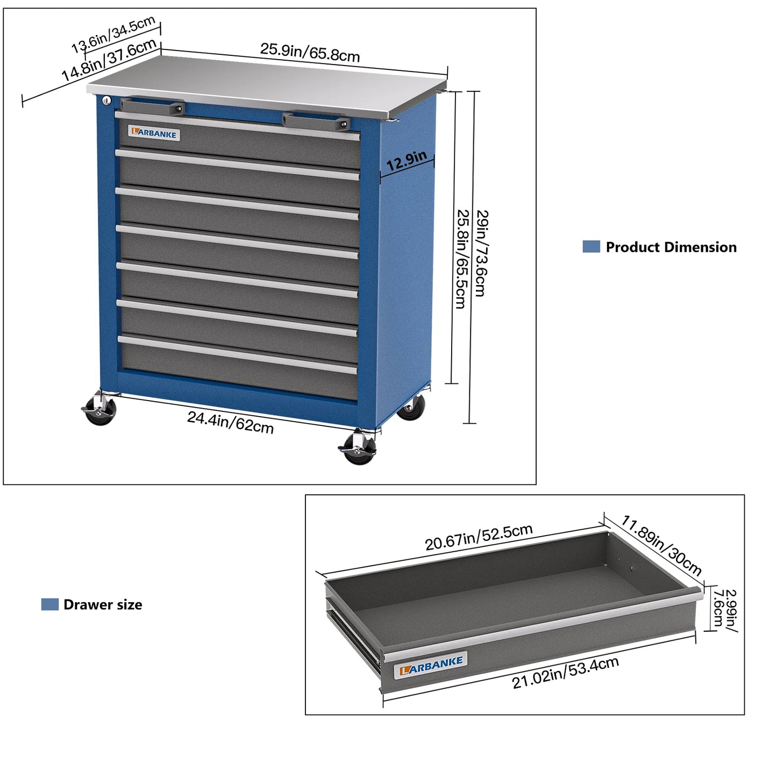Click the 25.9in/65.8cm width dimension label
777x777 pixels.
(310, 52)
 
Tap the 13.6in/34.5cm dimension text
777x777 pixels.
(113, 34)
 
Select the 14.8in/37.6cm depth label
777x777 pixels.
(109, 60)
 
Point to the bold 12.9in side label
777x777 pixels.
(407, 160)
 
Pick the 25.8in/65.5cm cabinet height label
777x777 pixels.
(461, 259)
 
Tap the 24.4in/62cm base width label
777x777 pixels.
(230, 422)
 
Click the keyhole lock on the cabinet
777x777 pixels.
(106, 101)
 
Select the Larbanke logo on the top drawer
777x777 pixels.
(154, 133)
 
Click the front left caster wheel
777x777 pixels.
(101, 412)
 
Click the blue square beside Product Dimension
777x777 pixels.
(591, 247)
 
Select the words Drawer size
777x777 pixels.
(103, 605)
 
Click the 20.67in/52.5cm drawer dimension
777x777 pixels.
(479, 537)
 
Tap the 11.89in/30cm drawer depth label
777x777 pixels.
(661, 545)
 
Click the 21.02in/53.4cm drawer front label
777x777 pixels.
(565, 673)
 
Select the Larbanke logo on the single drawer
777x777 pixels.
(431, 666)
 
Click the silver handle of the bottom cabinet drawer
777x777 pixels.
(237, 355)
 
